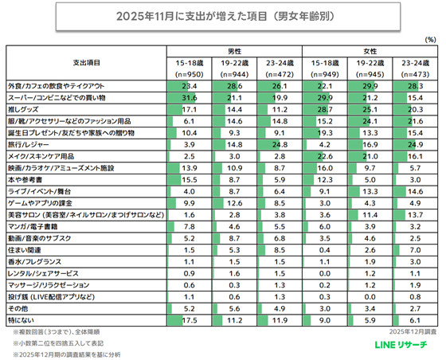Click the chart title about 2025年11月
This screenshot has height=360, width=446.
click(222, 15)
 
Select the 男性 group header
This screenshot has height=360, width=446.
click(236, 50)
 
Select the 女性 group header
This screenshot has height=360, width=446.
click(370, 50)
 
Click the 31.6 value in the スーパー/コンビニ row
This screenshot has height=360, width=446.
click(190, 95)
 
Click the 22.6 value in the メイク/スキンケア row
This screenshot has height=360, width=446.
click(325, 156)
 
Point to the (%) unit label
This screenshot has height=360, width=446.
click(430, 39)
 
